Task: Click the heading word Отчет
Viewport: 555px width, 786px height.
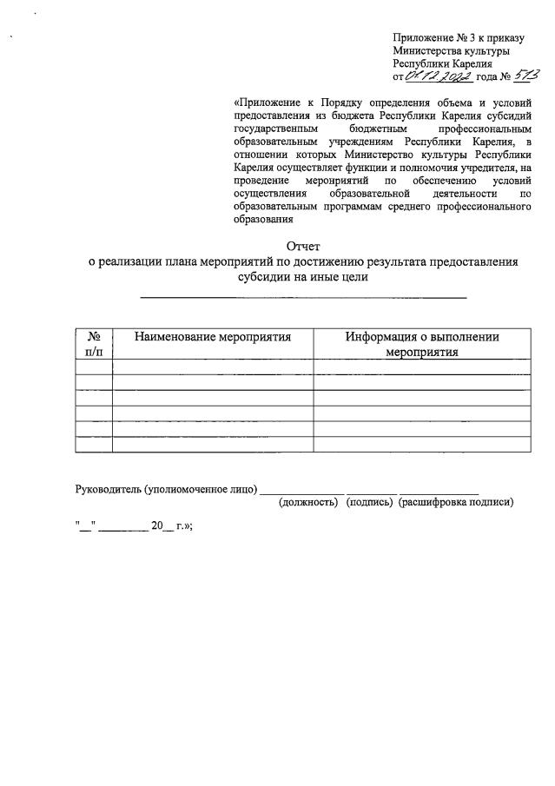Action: (303, 247)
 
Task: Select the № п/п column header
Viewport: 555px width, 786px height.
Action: (94, 344)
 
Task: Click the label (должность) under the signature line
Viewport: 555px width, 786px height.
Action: (307, 502)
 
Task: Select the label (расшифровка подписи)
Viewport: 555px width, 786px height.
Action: (456, 502)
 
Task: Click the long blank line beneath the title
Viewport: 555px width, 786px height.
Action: (303, 298)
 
